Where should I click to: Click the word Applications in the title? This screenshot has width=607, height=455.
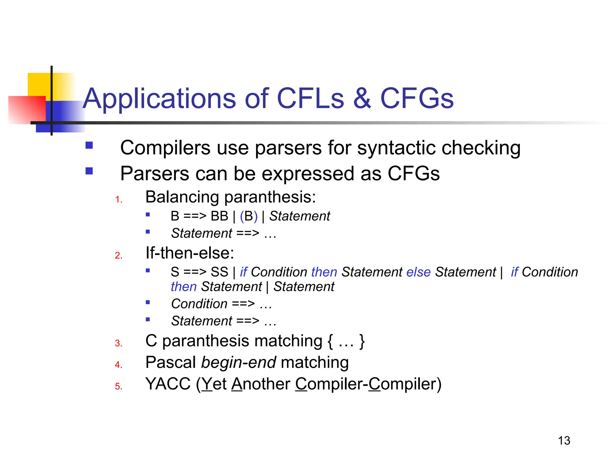point(159,99)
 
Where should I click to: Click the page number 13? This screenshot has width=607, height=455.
point(564,440)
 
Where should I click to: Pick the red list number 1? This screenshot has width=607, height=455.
point(119,199)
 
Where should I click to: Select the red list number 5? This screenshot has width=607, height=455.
point(119,386)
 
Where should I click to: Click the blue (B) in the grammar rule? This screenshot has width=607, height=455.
point(248,216)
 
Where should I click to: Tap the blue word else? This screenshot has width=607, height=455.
point(418,272)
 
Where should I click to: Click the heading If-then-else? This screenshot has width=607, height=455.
point(190,253)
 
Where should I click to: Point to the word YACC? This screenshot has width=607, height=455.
point(168,384)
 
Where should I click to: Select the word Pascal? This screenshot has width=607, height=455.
point(171,362)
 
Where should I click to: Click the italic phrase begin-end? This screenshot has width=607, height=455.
point(238,362)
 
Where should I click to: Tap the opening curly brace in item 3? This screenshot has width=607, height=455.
point(330,341)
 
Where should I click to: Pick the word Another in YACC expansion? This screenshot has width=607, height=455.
point(261,384)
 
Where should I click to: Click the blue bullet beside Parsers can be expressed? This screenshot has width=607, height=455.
point(89,171)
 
